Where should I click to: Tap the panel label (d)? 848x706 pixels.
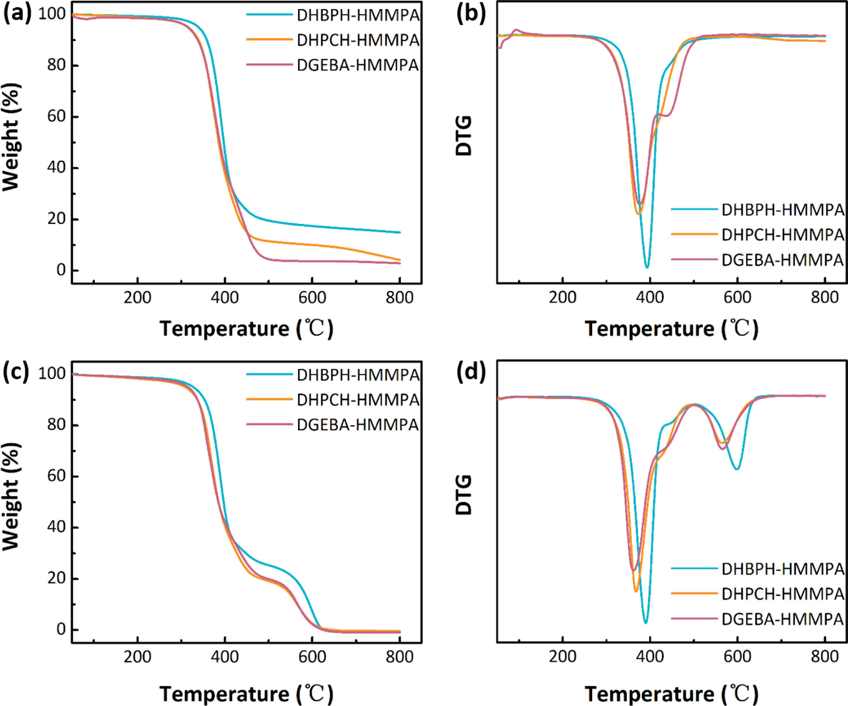(x=471, y=372)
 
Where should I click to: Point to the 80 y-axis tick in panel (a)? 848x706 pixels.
(x=57, y=65)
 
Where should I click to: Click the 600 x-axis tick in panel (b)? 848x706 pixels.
(x=737, y=298)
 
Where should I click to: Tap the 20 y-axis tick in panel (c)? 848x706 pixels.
(x=57, y=578)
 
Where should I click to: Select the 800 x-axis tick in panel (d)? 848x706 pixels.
(x=825, y=657)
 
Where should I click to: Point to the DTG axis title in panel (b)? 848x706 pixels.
(x=464, y=136)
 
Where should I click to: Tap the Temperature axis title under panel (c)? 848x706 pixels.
(x=246, y=693)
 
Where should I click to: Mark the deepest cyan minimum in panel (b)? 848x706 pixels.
(x=647, y=267)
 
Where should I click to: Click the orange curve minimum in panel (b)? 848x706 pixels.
(x=638, y=214)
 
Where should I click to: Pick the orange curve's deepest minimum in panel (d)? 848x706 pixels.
(x=636, y=591)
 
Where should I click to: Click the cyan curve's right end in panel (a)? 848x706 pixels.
(x=400, y=232)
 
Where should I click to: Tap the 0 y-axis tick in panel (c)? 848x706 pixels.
(x=61, y=629)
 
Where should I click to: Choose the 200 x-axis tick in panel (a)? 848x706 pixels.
(x=137, y=298)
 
